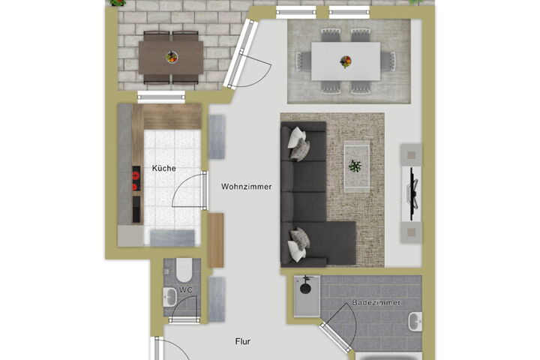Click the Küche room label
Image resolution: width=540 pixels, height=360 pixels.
click(164, 169)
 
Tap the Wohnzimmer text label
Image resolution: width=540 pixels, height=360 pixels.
click(246, 187)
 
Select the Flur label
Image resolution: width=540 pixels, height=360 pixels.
click(243, 341)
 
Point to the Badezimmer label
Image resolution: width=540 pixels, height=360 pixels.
click(376, 302)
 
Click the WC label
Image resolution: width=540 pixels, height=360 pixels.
click(186, 290)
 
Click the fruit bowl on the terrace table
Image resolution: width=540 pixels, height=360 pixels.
click(172, 57)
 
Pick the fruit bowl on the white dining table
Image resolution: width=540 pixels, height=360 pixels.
click(346, 61)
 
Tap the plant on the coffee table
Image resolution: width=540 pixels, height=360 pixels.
click(355, 166)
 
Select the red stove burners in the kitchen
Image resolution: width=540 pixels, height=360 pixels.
click(136, 178)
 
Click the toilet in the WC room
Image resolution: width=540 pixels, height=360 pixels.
click(184, 270)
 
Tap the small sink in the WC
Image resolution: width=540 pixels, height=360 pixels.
click(169, 296)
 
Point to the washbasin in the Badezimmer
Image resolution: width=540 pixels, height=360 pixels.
click(415, 322)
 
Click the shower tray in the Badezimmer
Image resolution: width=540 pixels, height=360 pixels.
click(307, 296)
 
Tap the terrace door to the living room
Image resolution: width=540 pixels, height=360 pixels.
click(241, 54)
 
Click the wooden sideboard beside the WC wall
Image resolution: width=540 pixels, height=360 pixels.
click(216, 240)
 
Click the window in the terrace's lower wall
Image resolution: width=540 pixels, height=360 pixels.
click(161, 97)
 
